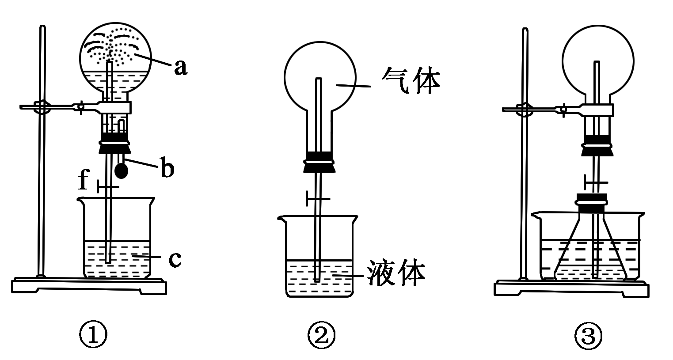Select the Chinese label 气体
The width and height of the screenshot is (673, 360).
point(411,80)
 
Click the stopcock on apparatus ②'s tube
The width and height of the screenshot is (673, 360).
point(318,199)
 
